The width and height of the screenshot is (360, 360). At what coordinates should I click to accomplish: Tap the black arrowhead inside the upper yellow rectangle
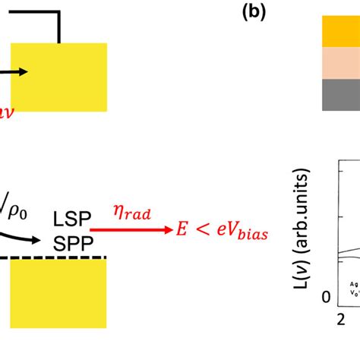click(24, 72)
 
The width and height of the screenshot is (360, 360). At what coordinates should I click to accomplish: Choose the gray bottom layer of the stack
click(336, 95)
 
